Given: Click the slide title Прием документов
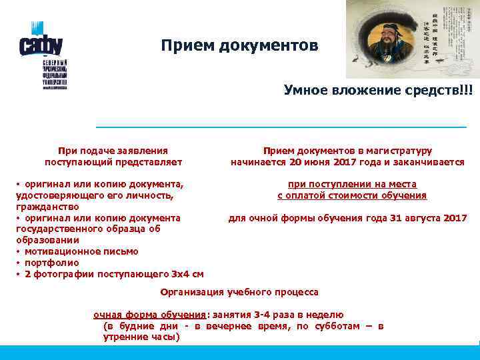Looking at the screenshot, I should (x=239, y=46).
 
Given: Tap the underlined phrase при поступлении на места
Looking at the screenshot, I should (x=352, y=184).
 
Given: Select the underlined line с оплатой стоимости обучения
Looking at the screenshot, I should (x=352, y=195).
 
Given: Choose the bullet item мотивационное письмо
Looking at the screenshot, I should (x=81, y=251).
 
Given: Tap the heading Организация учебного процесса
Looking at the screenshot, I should (x=240, y=292).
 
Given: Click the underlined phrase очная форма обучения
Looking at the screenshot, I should (x=150, y=315).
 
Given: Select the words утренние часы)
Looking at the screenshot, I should (x=141, y=337).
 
